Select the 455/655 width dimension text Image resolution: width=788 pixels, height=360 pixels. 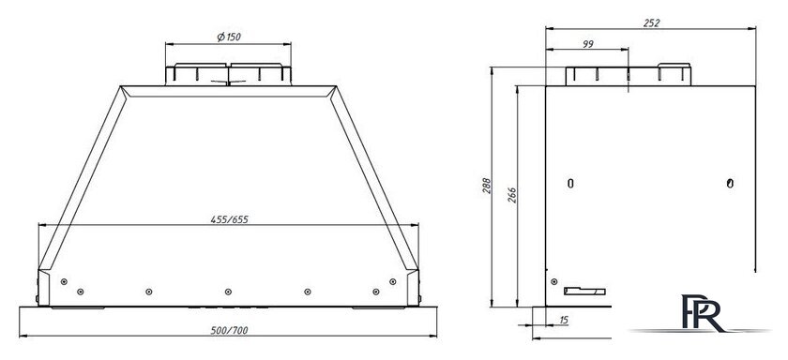[228, 219]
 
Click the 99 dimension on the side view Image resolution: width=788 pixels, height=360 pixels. [587, 43]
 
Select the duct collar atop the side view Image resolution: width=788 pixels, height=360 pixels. [620, 75]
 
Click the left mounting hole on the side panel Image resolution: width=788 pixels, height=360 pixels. [570, 184]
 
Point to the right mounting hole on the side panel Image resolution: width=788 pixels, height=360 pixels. [731, 183]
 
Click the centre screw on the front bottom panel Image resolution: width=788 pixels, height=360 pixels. [227, 291]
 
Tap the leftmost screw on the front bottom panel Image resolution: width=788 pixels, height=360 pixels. [63, 280]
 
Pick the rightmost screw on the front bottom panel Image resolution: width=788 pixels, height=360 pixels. [391, 280]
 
